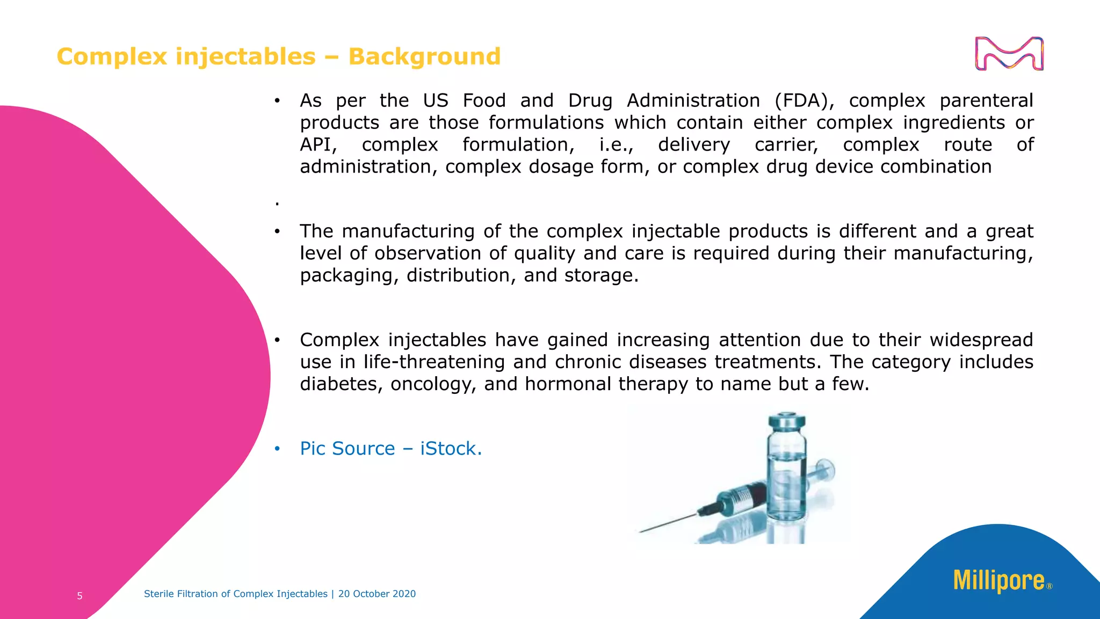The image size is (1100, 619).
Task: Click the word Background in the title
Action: [424, 56]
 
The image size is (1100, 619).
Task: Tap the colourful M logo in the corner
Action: [1009, 54]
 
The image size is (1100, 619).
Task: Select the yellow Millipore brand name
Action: [998, 581]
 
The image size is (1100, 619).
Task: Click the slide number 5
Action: [79, 596]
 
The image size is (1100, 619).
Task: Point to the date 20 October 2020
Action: [377, 594]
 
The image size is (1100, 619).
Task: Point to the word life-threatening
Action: [434, 362]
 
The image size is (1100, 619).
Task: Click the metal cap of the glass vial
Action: [787, 421]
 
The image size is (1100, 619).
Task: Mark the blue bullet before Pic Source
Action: [277, 449]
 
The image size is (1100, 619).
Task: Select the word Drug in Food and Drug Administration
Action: [590, 101]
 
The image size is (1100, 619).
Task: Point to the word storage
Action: [601, 276]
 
